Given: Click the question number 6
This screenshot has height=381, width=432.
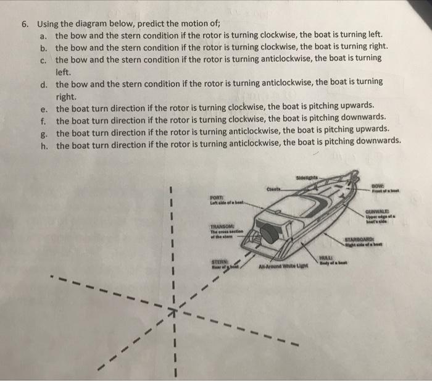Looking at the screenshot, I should (x=23, y=25).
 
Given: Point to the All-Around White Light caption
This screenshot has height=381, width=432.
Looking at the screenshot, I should (x=271, y=267).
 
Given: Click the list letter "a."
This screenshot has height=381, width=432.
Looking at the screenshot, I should (x=43, y=35).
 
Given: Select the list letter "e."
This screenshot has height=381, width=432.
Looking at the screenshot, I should (x=44, y=106).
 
